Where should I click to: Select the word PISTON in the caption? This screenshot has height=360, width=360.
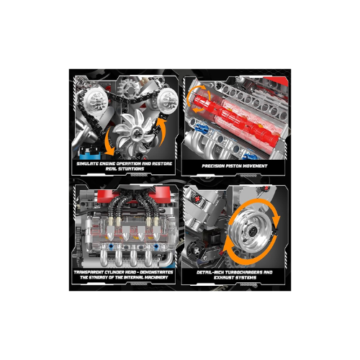pyautogui.click(x=231, y=163)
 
